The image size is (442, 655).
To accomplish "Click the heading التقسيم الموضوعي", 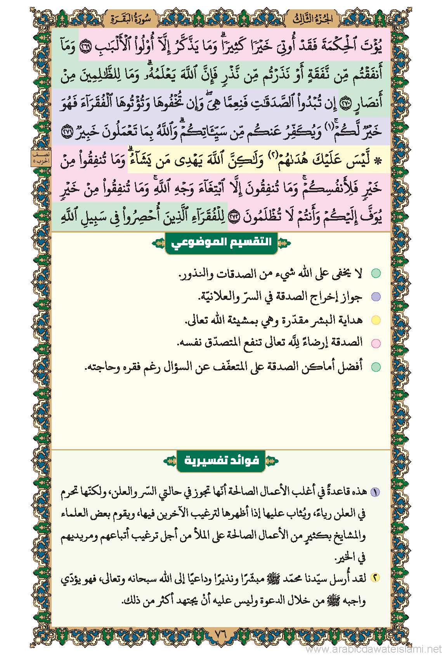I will coord(221,243).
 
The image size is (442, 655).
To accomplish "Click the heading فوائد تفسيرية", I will coord(221,461).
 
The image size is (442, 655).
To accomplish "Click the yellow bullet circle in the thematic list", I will coord(375,320).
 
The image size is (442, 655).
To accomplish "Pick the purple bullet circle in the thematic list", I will coord(375,297).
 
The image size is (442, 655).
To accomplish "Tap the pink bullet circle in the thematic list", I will coord(375,343).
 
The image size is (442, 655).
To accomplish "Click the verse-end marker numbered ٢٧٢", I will coord(235,219).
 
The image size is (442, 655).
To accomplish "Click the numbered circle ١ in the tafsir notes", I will coord(375,493).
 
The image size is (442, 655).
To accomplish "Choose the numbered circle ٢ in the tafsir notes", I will coord(375,578).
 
